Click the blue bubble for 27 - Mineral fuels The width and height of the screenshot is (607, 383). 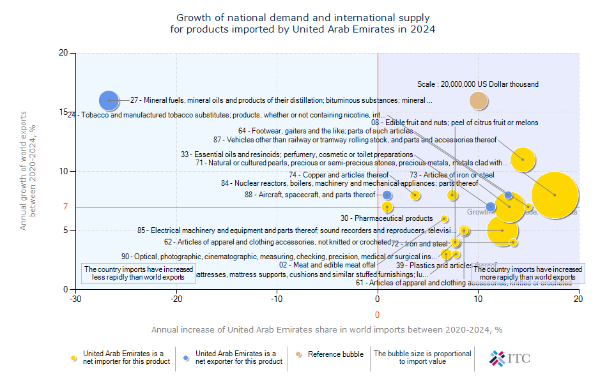click(x=109, y=100)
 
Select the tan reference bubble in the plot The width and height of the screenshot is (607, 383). click(x=479, y=100)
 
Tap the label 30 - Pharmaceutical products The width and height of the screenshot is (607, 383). click(x=386, y=218)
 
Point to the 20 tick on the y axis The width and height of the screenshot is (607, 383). click(x=63, y=53)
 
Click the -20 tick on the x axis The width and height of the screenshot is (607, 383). click(x=176, y=298)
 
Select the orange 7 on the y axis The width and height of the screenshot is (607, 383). click(x=65, y=206)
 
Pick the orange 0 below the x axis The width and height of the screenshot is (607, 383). click(x=377, y=315)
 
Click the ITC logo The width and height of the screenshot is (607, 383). click(x=509, y=358)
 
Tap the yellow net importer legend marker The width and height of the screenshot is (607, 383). click(x=75, y=358)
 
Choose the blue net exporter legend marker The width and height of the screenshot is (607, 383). click(x=187, y=358)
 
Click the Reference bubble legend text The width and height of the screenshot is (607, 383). click(x=335, y=354)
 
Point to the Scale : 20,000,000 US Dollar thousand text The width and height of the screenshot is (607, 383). click(x=477, y=84)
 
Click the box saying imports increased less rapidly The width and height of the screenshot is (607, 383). click(x=139, y=274)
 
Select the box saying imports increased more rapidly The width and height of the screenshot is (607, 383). click(x=527, y=274)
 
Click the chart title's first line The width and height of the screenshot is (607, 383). click(x=303, y=18)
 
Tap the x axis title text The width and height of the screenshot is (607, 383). click(x=327, y=330)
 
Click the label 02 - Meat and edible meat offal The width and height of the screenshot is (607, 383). click(x=327, y=265)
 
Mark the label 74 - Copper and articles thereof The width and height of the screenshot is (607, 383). click(x=338, y=175)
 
